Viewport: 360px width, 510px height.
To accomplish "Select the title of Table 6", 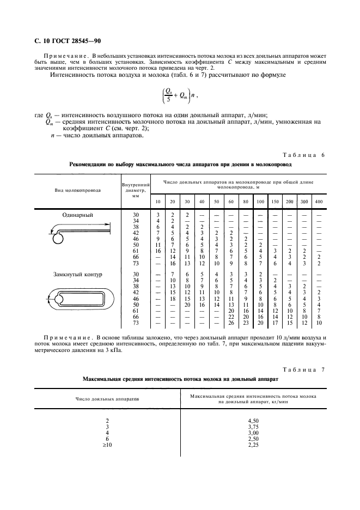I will tap(180, 164).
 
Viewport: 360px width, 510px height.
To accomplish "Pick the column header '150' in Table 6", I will tap(275, 202).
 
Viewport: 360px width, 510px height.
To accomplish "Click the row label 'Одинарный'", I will tap(77, 215).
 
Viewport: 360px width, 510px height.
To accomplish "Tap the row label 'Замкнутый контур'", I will tap(77, 274).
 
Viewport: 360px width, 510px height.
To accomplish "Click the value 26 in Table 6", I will tap(231, 323).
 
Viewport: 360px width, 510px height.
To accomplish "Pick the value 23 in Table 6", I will tap(246, 323).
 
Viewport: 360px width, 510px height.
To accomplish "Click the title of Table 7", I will tap(180, 378).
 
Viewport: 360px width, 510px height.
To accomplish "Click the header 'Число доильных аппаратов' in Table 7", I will tap(107, 399).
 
